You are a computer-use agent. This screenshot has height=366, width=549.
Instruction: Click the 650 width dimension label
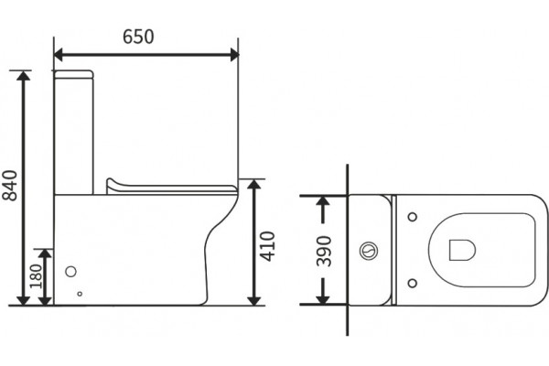point(138,37)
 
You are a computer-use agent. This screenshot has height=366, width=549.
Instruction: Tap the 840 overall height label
point(10,186)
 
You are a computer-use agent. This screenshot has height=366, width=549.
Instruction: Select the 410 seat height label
point(268,246)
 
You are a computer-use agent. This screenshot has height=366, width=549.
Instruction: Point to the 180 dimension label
point(36,276)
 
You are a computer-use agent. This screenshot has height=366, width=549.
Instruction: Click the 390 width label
point(324,251)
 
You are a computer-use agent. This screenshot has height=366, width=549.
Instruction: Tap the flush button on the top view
point(369,251)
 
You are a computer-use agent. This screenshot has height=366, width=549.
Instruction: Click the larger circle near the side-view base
point(71,272)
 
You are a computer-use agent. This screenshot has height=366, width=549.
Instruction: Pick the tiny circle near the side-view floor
point(80,294)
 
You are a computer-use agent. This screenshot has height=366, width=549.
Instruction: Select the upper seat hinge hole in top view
point(413,217)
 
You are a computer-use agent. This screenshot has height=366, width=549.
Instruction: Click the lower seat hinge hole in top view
point(413,283)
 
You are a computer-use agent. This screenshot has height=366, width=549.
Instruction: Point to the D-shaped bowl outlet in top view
point(462,250)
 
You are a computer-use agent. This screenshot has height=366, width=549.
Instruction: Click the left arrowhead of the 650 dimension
point(59,55)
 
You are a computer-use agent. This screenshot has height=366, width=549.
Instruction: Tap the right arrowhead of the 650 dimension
point(235,55)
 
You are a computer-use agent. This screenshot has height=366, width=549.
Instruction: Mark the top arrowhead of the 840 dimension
point(24,75)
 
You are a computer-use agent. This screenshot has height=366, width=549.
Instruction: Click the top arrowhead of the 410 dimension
point(253,184)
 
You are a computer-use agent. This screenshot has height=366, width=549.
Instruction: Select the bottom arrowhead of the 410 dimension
point(253,300)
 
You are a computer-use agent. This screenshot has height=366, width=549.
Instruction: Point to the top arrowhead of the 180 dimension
point(45,253)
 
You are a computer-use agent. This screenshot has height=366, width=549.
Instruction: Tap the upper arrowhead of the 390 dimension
point(323,200)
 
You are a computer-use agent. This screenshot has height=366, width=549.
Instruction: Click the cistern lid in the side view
point(73,74)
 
